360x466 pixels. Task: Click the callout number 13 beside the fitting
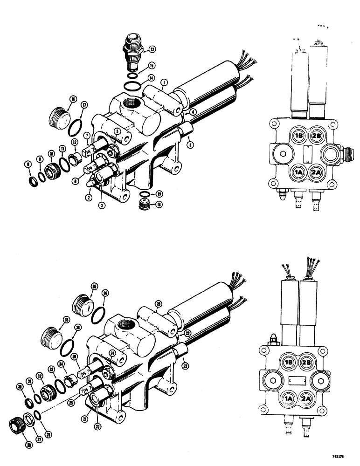(152, 48)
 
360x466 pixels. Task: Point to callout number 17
(84, 105)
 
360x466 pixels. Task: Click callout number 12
(74, 142)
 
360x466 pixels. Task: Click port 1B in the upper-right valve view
(298, 136)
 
